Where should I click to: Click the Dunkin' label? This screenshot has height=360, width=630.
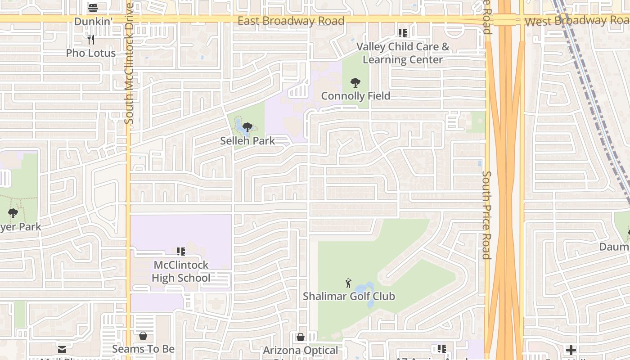[92, 21]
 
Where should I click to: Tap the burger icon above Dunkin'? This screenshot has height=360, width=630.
[93, 8]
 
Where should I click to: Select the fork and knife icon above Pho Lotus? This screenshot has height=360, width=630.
[91, 40]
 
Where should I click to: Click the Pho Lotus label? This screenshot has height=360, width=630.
[91, 53]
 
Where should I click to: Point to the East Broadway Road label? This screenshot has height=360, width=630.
[291, 21]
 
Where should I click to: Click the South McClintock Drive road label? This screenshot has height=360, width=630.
[129, 64]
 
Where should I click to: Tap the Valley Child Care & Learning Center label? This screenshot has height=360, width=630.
[403, 53]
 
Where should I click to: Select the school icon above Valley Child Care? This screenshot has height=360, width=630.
[402, 33]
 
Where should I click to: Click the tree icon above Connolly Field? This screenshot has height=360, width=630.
[355, 83]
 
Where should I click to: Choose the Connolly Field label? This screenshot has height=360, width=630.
[355, 96]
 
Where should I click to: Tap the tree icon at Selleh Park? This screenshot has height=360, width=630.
[247, 127]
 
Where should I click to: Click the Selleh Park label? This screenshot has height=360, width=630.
[247, 141]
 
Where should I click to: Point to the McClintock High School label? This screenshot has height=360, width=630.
[181, 271]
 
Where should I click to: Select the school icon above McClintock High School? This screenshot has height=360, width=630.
[180, 252]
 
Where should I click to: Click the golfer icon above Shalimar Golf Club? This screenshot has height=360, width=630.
[348, 283]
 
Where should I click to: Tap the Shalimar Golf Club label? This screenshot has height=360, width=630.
[349, 296]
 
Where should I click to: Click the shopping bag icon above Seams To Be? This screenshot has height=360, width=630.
[143, 336]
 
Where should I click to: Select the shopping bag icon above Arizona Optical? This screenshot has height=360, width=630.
[300, 337]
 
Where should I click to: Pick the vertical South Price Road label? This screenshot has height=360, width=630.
[486, 215]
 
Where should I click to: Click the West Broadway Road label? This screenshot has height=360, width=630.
[577, 21]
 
